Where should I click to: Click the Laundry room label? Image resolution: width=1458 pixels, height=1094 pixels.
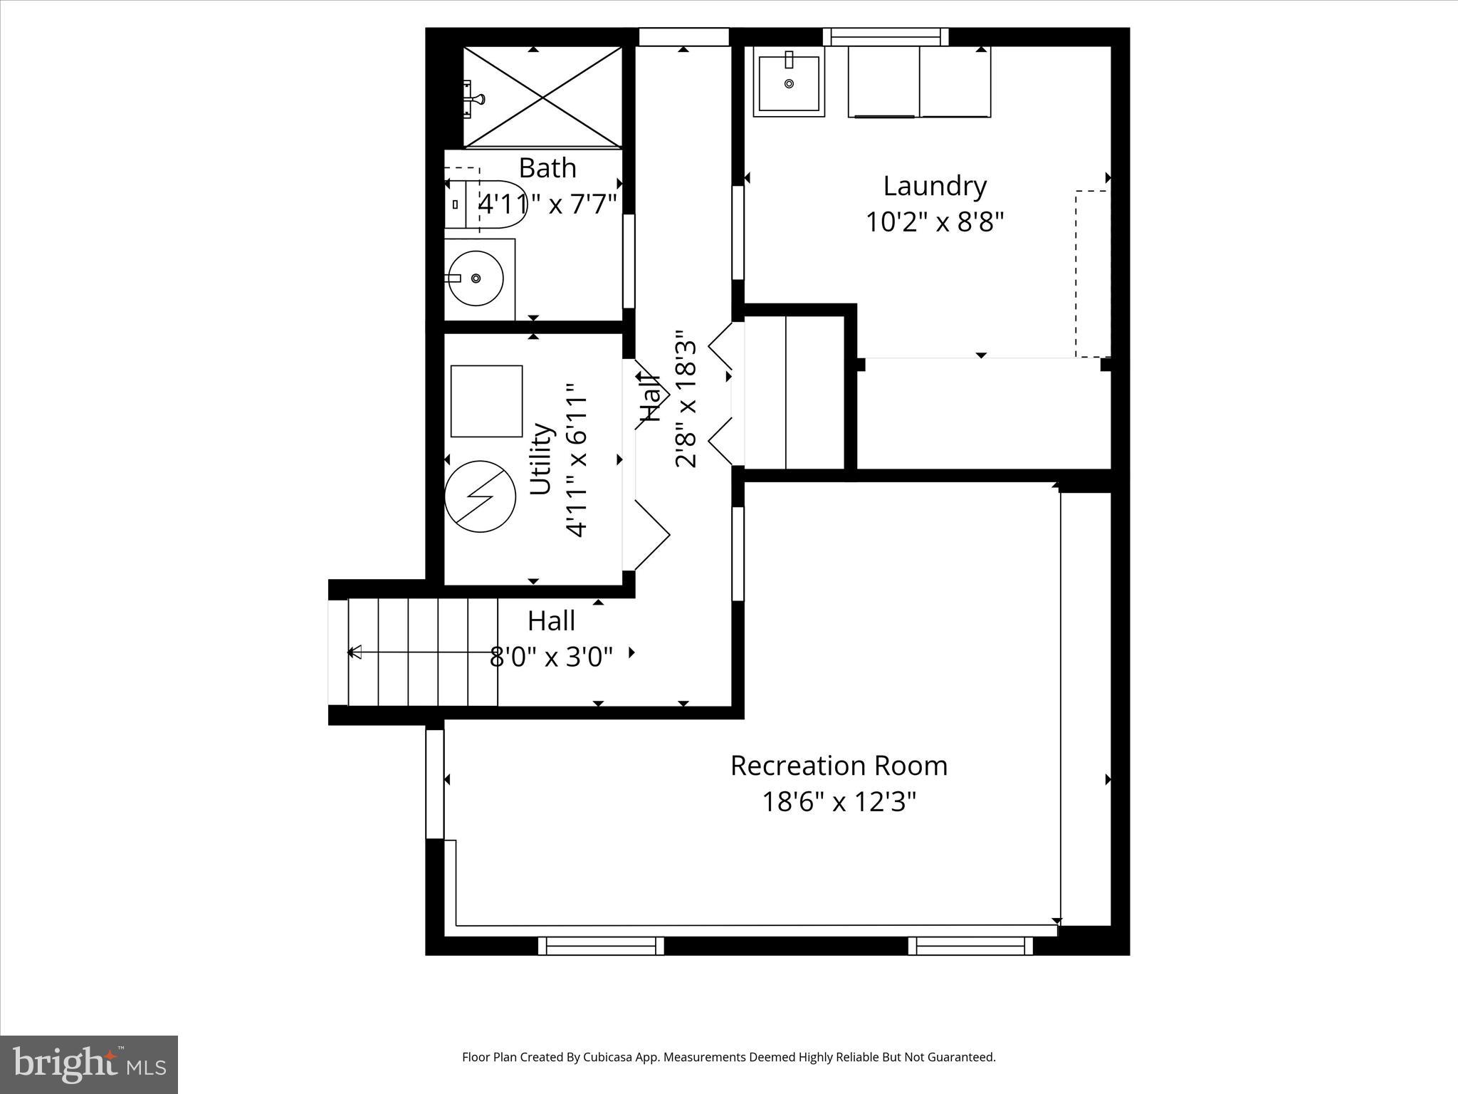tap(934, 187)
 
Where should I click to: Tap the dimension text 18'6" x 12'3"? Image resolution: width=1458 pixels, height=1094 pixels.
tap(839, 803)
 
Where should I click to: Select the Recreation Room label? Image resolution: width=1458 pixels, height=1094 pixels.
tap(839, 766)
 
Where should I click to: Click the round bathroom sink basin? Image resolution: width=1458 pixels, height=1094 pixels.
tap(475, 278)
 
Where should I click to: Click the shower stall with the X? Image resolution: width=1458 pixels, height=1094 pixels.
tap(542, 97)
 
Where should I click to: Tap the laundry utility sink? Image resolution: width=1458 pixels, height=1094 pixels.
tap(789, 84)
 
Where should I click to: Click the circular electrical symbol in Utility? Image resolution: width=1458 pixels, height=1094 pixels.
tap(480, 496)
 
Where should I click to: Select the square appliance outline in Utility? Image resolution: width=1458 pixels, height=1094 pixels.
tap(486, 401)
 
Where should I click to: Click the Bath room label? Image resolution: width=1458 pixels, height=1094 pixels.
tap(547, 169)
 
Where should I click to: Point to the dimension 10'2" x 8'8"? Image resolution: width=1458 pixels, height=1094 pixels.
tap(934, 222)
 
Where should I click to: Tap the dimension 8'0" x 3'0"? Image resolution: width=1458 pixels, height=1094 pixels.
tap(551, 657)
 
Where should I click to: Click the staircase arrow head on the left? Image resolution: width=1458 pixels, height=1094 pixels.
tap(354, 652)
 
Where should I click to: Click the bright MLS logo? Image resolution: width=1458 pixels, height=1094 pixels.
tap(89, 1064)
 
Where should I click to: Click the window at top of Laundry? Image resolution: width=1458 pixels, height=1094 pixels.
tap(886, 36)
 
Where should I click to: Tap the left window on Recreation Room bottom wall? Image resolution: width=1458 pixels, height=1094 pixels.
tap(601, 946)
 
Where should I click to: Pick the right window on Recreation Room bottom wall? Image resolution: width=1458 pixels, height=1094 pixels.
tap(970, 946)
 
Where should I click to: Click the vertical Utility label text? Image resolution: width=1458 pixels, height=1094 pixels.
tap(542, 459)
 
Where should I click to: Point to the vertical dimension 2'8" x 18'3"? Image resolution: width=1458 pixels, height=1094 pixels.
tap(686, 399)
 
